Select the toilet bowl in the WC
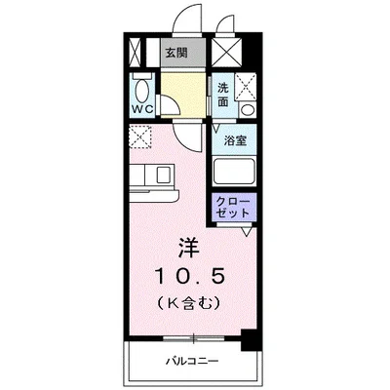[142, 91]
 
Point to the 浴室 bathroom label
[234, 140]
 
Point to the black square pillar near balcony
[248, 340]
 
